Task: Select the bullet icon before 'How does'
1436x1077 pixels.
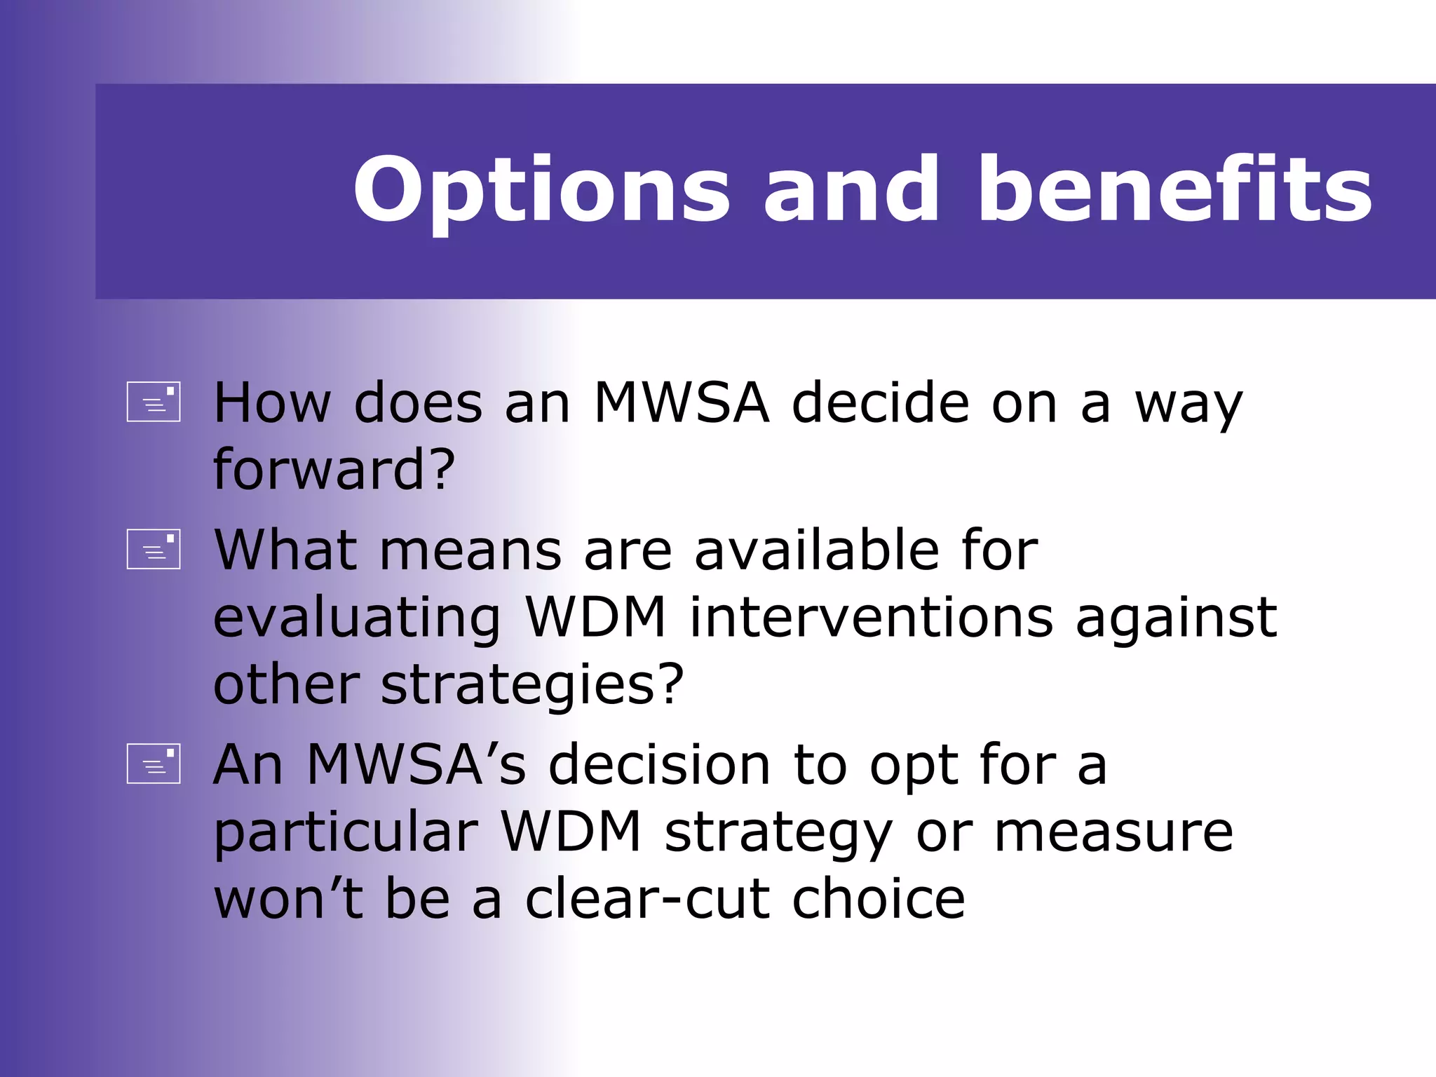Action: (154, 402)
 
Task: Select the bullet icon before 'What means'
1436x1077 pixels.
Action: (154, 549)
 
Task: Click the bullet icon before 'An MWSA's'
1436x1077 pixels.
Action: (154, 764)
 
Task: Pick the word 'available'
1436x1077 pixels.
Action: (816, 550)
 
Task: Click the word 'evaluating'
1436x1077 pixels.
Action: (358, 618)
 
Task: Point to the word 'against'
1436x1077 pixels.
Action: (1176, 618)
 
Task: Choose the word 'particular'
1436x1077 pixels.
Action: (346, 832)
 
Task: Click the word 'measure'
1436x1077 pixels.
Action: (1113, 833)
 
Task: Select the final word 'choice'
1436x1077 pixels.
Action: (879, 900)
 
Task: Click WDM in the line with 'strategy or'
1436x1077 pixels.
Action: (571, 832)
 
